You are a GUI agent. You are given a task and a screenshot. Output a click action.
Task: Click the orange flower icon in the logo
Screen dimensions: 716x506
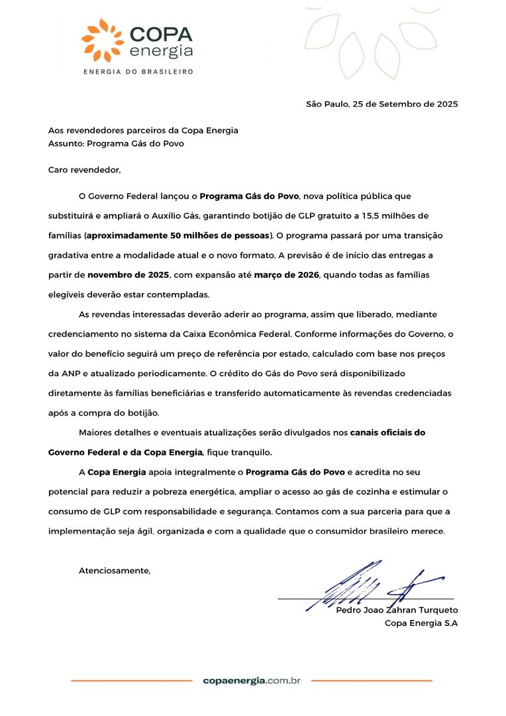coord(102,40)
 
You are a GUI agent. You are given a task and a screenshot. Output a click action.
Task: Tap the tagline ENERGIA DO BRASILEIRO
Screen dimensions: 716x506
coord(137,72)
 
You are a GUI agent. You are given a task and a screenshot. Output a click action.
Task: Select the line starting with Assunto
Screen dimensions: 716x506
coord(116,143)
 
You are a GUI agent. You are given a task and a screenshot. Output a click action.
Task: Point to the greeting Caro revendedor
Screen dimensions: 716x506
coord(85,170)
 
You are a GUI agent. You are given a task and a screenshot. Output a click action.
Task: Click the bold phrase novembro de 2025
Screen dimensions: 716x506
coord(128,274)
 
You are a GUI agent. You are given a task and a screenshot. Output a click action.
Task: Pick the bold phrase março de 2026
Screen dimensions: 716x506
coord(286,274)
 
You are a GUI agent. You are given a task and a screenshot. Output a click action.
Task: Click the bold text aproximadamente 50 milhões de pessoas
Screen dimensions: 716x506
coord(179,235)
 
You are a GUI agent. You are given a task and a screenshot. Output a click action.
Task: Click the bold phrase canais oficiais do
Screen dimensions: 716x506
coord(387,432)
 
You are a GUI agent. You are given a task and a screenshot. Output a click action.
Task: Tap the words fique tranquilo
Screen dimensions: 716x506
coord(238,452)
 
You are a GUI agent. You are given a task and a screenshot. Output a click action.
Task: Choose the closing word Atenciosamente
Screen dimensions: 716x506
coord(115,570)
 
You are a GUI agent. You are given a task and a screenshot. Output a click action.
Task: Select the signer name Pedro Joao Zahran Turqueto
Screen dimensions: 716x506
coord(397,610)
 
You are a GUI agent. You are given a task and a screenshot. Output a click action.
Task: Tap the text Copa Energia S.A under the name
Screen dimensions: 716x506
coord(421,623)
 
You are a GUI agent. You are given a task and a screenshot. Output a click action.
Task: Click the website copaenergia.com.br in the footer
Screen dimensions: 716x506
coord(252,680)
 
